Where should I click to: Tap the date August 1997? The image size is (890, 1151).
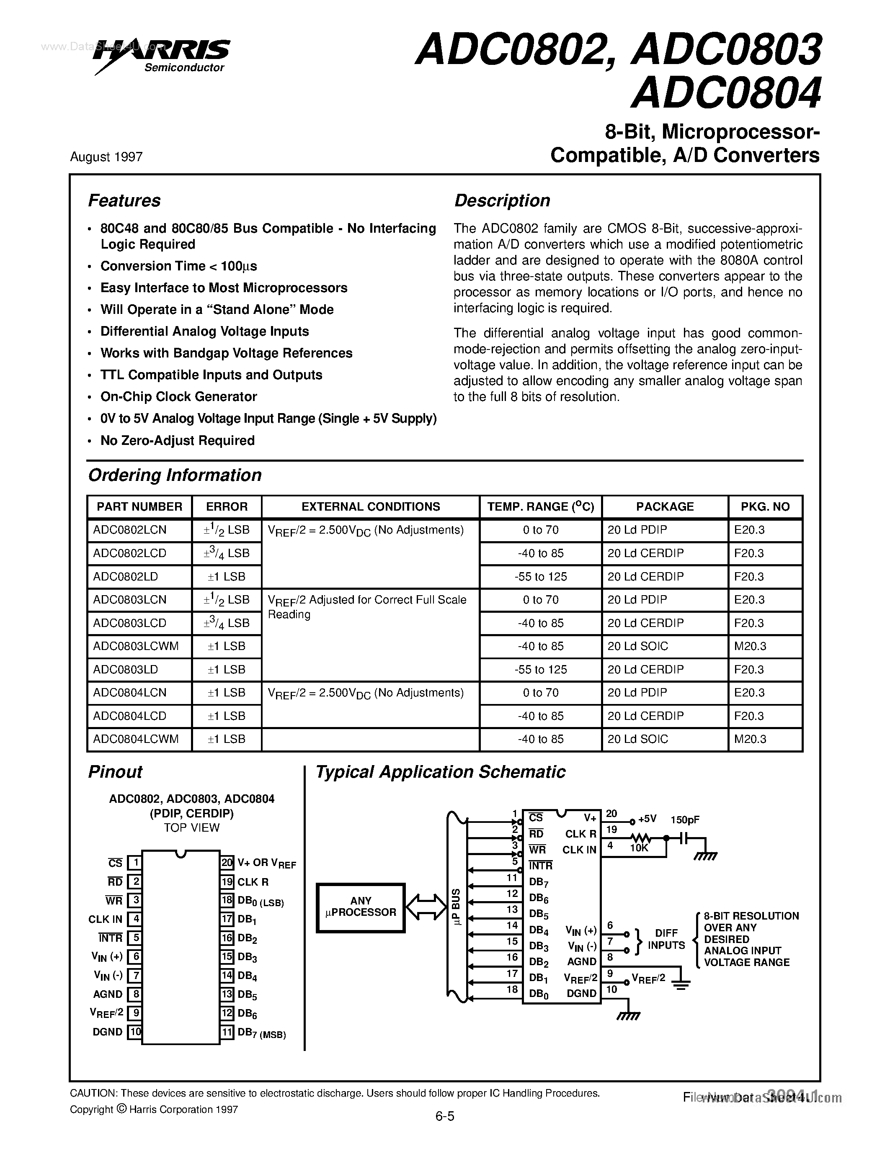click(106, 157)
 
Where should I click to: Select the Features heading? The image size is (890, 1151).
click(124, 201)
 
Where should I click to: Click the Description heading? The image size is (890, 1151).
click(502, 201)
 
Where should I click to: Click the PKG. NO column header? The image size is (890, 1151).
click(765, 507)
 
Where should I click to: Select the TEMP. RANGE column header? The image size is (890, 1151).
click(540, 507)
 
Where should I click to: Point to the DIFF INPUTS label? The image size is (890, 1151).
click(666, 939)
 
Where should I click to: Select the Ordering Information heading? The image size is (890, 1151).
click(175, 475)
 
